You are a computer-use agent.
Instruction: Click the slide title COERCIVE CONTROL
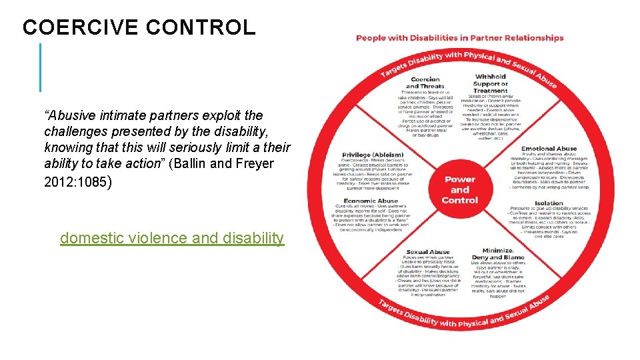coord(139,27)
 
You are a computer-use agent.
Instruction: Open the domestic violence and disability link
coord(171,238)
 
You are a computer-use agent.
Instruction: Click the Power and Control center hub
coord(460,189)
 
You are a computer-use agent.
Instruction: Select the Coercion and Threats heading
coord(425,83)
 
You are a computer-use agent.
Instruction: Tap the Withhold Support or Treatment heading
coord(490,83)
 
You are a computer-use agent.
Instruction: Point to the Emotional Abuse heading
coord(548,149)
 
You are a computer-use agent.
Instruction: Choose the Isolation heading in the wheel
coord(548,203)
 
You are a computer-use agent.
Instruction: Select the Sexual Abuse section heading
coord(427,252)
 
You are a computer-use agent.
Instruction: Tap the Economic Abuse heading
coord(371,201)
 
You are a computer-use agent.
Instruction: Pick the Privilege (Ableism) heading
coord(372,155)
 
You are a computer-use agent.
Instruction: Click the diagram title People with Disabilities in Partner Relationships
coord(459,38)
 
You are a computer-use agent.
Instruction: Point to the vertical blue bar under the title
coord(40,67)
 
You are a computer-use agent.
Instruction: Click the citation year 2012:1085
coord(74,181)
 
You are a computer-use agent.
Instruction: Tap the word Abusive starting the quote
coord(69,115)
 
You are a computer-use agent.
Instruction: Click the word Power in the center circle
coord(460,179)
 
